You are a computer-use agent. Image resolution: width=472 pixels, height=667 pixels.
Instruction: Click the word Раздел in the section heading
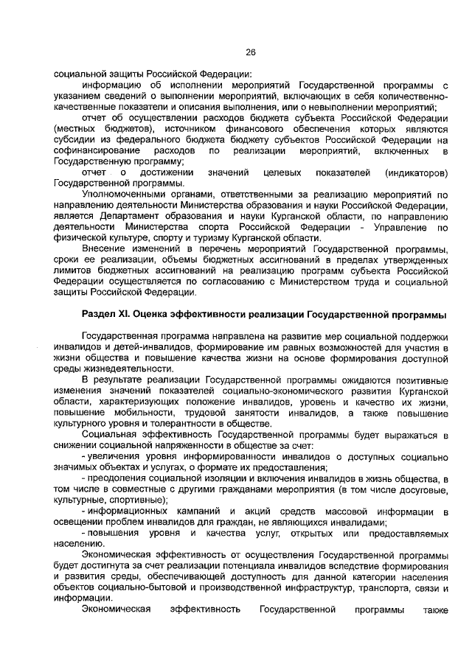point(99,315)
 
